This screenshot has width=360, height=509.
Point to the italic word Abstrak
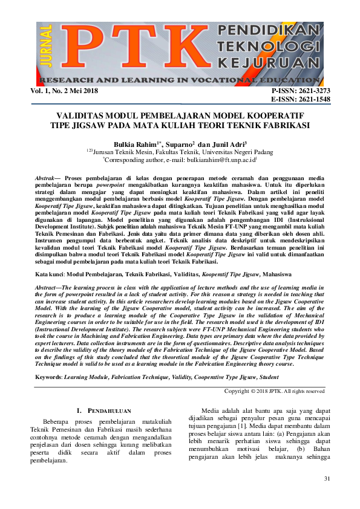pyautogui.click(x=44, y=180)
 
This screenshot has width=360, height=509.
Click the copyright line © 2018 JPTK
pyautogui.click(x=274, y=391)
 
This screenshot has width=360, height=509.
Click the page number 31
pyautogui.click(x=327, y=479)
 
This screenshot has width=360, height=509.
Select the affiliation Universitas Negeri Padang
pyautogui.click(x=230, y=152)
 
